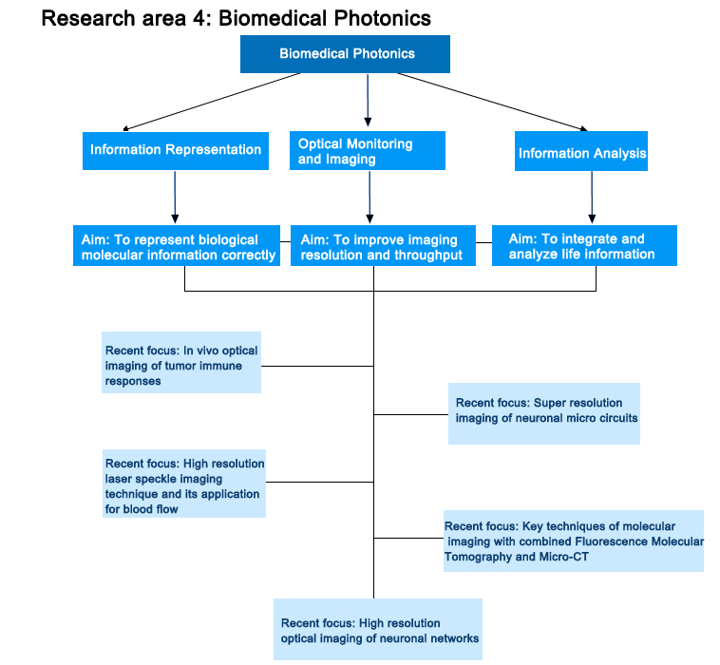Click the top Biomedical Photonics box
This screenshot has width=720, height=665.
click(x=346, y=53)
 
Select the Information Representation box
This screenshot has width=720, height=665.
click(x=176, y=150)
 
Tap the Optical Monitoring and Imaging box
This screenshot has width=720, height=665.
click(x=368, y=151)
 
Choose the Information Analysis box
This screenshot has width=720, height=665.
click(x=581, y=153)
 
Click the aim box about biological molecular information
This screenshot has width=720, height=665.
click(x=178, y=247)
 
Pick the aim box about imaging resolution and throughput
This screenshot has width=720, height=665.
click(x=383, y=247)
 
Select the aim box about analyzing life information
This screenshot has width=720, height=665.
click(x=583, y=246)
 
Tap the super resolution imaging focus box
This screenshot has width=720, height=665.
click(x=543, y=414)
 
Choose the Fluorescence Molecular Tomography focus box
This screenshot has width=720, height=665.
click(x=574, y=541)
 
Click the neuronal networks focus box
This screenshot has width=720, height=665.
click(x=378, y=629)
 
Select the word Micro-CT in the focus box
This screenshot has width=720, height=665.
click(x=565, y=556)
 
